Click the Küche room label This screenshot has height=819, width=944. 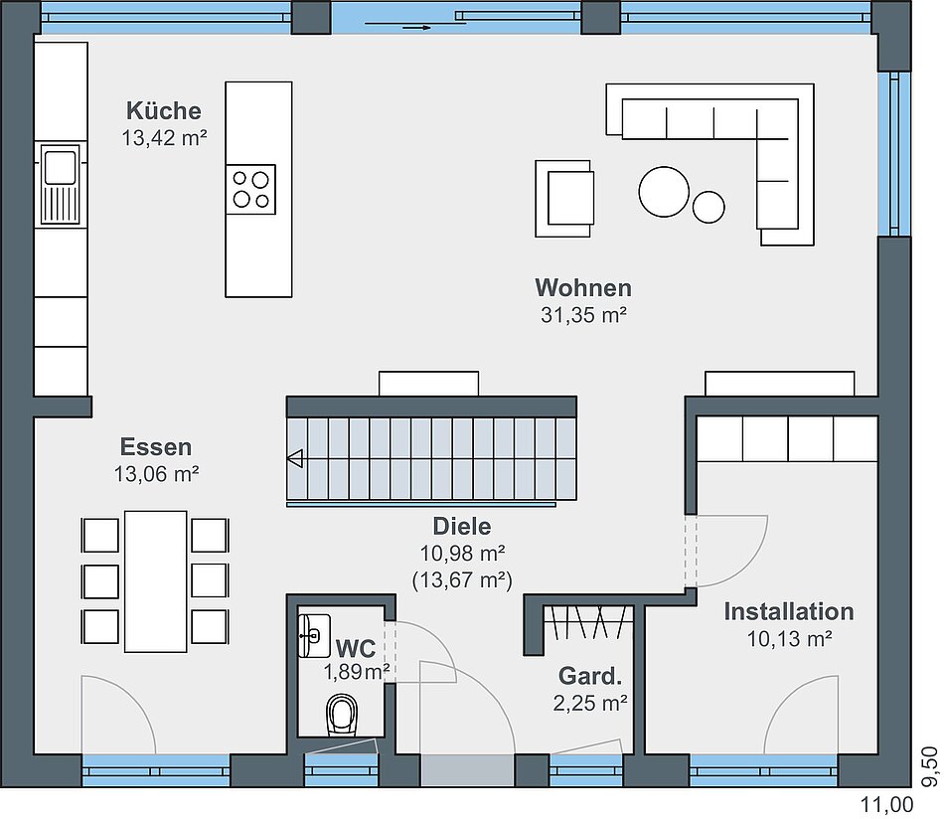point(164,111)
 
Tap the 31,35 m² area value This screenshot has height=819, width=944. point(584,315)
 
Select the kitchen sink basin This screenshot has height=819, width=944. point(61,167)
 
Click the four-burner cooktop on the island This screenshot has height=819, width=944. point(251,189)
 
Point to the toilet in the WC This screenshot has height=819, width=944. point(342,715)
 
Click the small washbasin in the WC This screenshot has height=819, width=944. point(314,635)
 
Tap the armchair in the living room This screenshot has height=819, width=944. point(564,199)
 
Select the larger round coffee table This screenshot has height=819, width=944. point(664,192)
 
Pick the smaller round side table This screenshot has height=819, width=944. point(708,207)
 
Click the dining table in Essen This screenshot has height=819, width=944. point(155,581)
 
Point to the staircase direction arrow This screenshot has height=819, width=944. point(295,459)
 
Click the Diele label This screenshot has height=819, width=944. point(462,527)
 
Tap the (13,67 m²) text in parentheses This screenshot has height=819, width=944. point(462,579)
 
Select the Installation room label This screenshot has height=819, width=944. point(789,611)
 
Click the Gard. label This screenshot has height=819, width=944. point(590,676)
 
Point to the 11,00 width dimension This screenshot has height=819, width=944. point(886,804)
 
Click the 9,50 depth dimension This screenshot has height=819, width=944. point(930,766)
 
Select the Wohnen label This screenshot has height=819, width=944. point(583,288)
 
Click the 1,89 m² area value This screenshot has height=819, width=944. point(357,672)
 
